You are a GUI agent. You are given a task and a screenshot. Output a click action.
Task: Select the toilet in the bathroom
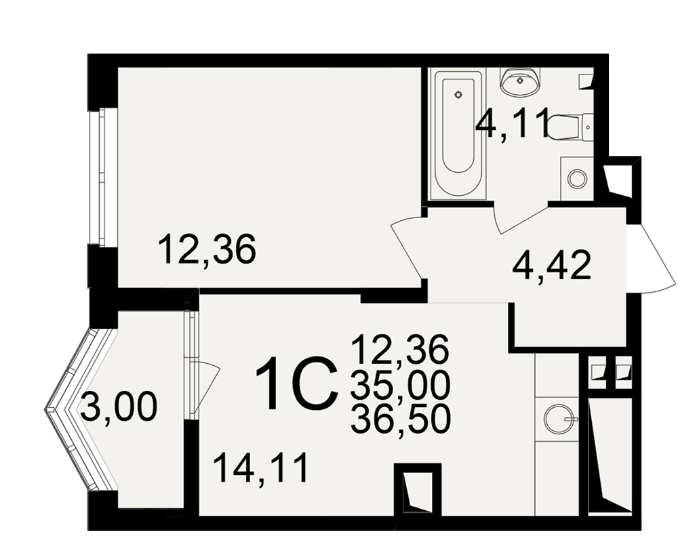(569, 127)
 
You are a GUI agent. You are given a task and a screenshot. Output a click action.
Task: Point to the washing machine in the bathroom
(577, 178)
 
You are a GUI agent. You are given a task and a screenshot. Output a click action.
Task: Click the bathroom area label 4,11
(512, 122)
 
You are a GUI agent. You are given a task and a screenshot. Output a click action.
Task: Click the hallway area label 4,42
(551, 266)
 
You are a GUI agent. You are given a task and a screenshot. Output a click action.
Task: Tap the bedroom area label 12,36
(207, 249)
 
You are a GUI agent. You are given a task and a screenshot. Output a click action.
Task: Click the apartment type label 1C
(296, 384)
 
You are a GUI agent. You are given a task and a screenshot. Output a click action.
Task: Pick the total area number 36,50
(401, 419)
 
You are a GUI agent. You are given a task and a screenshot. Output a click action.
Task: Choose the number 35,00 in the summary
(401, 385)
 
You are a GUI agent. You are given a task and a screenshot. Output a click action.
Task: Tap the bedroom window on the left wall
(102, 178)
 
